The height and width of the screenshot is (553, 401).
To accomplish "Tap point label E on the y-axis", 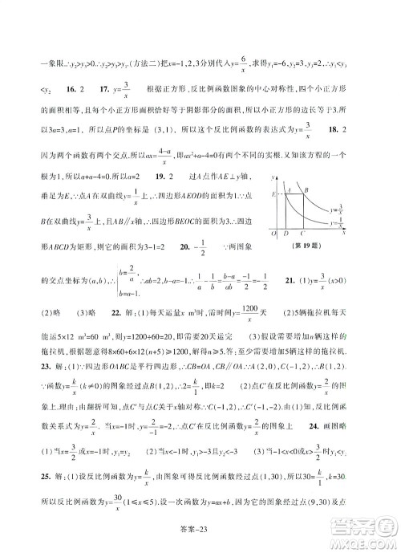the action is click(274, 193).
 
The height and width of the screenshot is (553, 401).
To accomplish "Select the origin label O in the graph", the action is click(274, 234).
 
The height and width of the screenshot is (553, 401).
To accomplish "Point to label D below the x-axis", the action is click(287, 234).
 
